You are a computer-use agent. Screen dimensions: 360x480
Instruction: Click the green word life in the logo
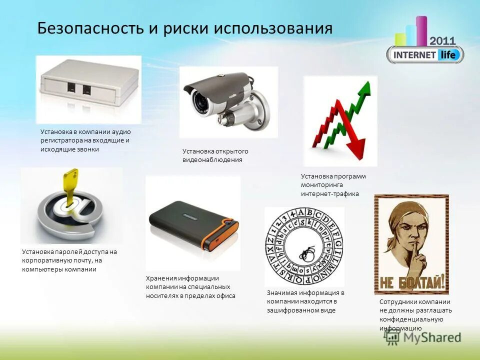(x=447, y=54)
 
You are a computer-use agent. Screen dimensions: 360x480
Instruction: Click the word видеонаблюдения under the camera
(x=212, y=160)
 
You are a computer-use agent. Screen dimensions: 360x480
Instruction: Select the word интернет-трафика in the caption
(x=330, y=194)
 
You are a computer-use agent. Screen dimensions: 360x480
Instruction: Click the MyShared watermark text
(x=432, y=337)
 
